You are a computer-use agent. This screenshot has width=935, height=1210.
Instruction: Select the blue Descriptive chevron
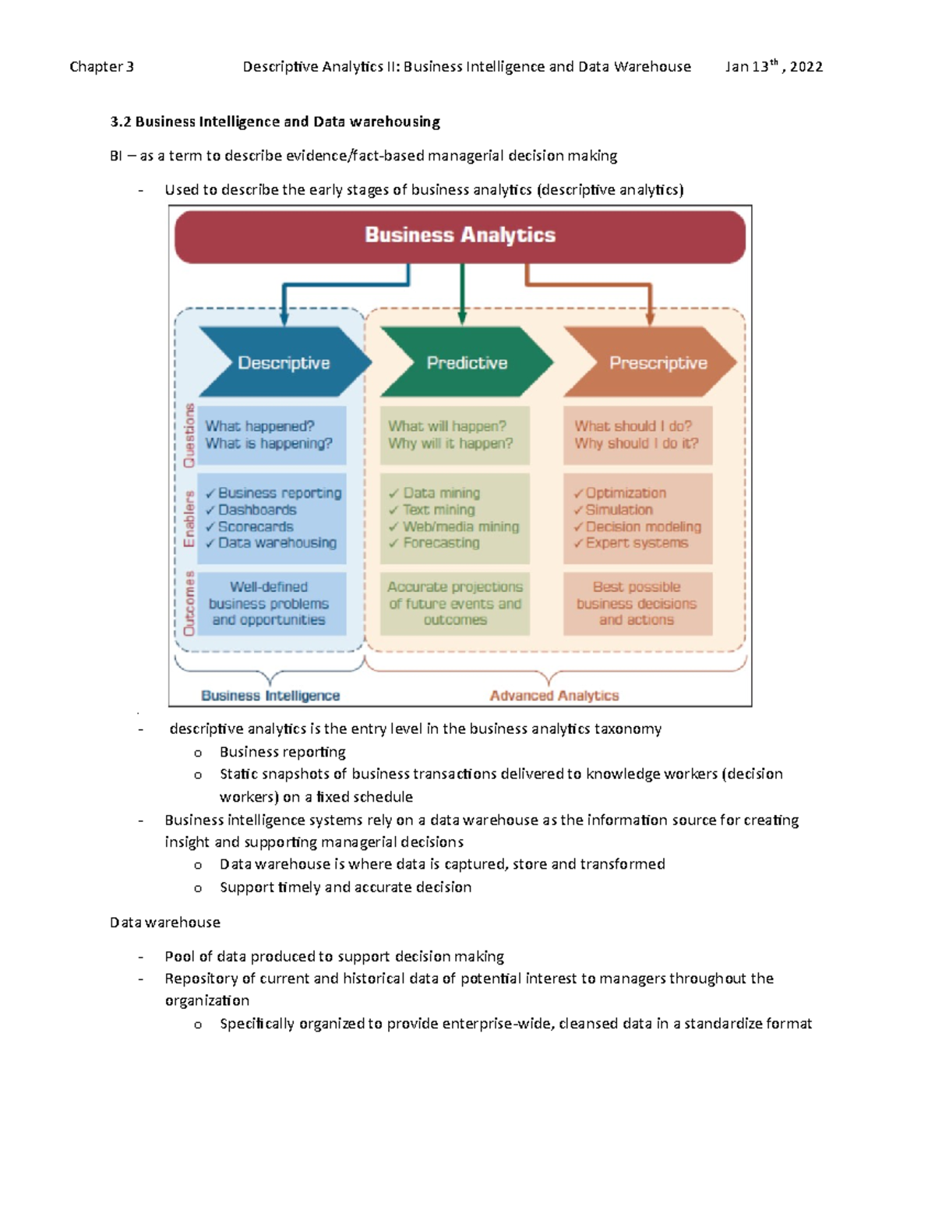click(285, 362)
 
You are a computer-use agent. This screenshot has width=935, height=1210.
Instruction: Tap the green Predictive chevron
click(467, 362)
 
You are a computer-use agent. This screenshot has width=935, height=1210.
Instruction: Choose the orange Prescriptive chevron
click(651, 362)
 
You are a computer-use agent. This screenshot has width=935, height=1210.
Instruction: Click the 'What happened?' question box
click(272, 435)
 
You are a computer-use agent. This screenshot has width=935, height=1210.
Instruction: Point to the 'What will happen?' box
click(455, 435)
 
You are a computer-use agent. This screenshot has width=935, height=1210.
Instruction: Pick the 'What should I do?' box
click(637, 435)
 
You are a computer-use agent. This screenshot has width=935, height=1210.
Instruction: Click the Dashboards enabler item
click(250, 510)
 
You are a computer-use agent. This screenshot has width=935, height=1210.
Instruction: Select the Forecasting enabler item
click(434, 542)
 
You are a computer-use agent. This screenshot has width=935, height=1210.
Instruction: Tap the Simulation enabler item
click(613, 510)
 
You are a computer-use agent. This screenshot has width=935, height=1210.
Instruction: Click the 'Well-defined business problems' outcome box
click(272, 604)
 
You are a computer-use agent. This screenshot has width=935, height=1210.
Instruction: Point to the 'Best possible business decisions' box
click(637, 604)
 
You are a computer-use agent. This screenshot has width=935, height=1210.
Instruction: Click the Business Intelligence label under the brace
click(270, 696)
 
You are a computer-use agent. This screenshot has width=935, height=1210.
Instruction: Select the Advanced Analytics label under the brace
click(554, 696)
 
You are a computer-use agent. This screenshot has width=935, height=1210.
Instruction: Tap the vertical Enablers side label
click(189, 518)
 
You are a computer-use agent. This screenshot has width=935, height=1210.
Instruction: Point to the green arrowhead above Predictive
click(461, 318)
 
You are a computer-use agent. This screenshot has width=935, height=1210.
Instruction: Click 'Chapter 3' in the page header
click(101, 67)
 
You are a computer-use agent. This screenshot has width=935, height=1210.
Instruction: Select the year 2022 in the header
click(806, 67)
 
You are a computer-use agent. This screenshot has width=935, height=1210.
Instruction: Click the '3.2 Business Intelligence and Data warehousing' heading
click(275, 122)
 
